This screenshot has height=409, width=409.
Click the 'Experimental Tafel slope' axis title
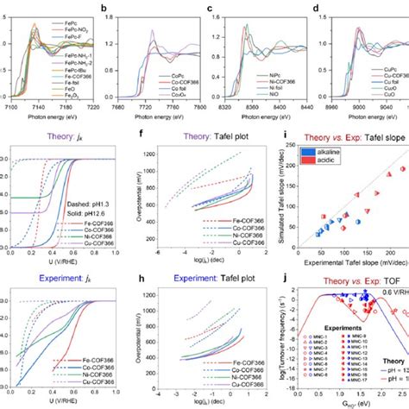(350, 258)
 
